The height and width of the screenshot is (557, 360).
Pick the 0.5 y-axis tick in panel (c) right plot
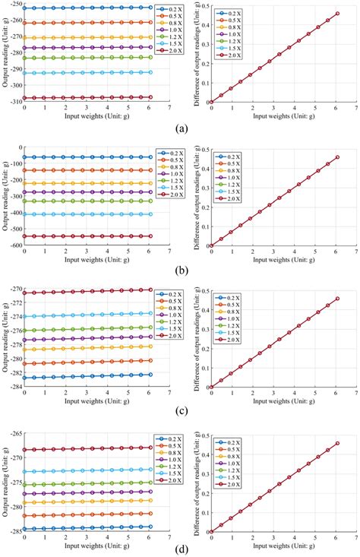click(200, 290)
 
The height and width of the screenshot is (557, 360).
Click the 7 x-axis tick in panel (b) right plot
click(357, 252)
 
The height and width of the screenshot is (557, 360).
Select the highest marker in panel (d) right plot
click(337, 443)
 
